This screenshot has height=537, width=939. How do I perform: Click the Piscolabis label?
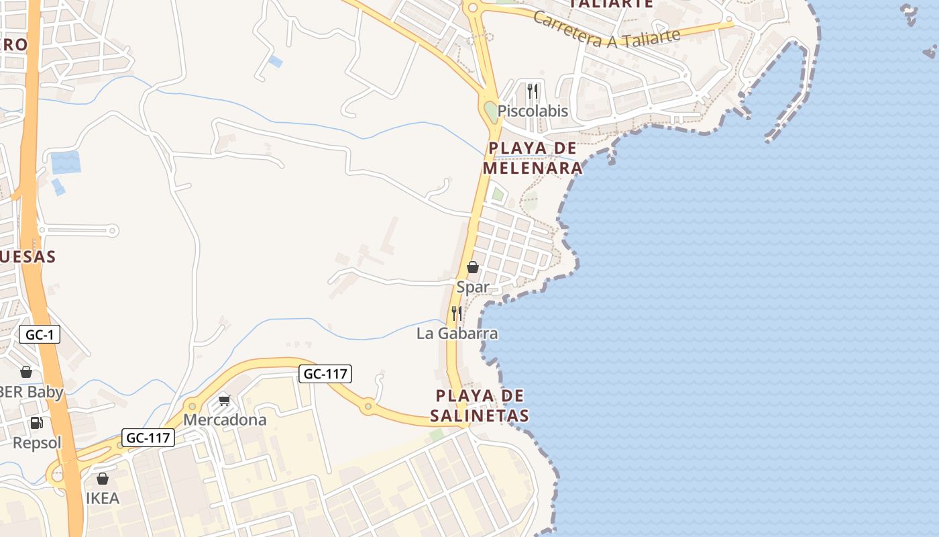tap(533, 111)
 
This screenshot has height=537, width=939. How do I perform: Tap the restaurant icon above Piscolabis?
tap(533, 90)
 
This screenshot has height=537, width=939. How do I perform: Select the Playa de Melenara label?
tap(533, 158)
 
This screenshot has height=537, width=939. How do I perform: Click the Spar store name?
tap(473, 287)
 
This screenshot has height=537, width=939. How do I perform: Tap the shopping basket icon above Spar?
tap(473, 267)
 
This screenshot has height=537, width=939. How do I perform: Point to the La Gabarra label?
tap(457, 334)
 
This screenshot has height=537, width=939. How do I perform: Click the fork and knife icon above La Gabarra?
tap(457, 313)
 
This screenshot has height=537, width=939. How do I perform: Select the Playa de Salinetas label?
tap(480, 405)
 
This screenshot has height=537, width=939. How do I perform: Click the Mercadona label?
tap(225, 420)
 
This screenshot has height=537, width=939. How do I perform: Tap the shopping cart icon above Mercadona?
tap(225, 400)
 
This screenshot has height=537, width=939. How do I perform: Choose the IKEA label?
tap(103, 499)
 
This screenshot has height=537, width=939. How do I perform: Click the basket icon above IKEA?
tap(103, 479)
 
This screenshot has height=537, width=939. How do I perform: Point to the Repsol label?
tap(37, 443)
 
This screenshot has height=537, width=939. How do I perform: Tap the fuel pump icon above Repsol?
tap(36, 423)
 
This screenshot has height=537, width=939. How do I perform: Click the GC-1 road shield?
tap(40, 334)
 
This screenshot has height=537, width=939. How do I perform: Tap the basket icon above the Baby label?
tap(26, 371)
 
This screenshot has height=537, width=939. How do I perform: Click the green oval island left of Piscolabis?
tap(492, 111)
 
